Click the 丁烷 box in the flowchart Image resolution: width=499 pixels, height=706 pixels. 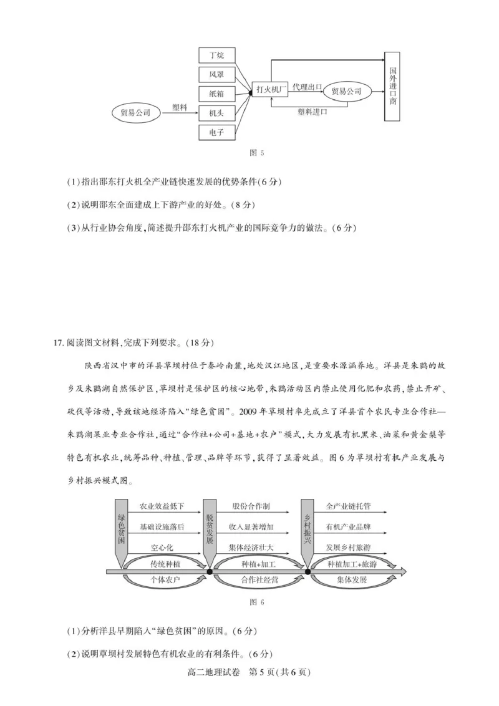(217, 56)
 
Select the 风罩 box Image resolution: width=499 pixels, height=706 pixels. (217, 74)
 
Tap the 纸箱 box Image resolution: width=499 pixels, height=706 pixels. (217, 94)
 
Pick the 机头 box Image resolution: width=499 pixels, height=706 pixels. (217, 113)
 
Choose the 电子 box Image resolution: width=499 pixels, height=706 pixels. (217, 132)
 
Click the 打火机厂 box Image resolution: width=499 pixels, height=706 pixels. (272, 90)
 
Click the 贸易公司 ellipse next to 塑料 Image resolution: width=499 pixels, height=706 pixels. (135, 113)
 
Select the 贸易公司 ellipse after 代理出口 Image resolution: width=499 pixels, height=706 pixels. (347, 91)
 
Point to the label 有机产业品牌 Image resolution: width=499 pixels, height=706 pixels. (348, 527)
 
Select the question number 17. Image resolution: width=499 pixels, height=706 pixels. (59, 341)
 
